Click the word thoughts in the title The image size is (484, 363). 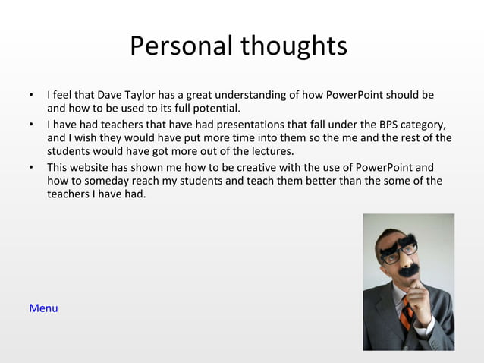(294, 46)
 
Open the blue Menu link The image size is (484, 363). (43, 308)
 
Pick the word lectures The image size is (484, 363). (269, 151)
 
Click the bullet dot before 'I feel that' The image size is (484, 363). (31, 96)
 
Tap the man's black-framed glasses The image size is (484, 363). (399, 253)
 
